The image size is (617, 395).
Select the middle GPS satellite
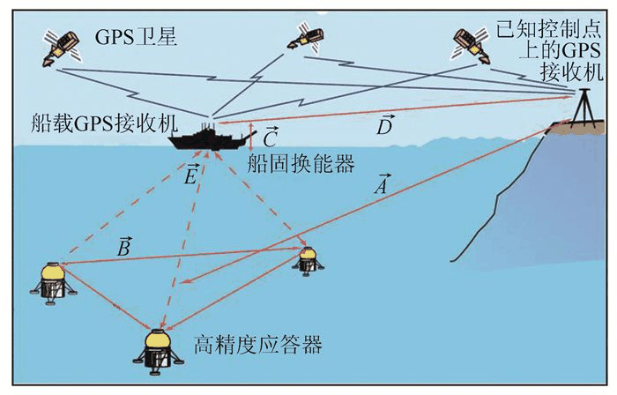pyautogui.click(x=305, y=34)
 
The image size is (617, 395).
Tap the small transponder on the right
pyautogui.click(x=307, y=258)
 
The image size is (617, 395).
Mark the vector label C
pyautogui.click(x=271, y=137)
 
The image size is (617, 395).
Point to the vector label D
pyautogui.click(x=383, y=128)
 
